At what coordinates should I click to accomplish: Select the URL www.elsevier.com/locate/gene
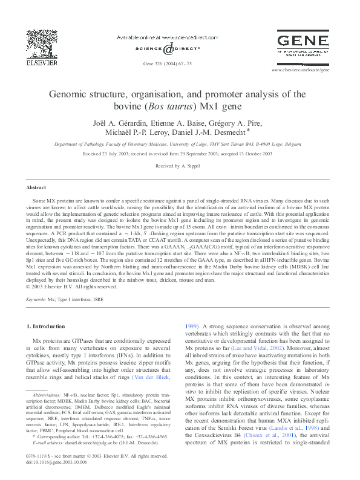click(309, 70)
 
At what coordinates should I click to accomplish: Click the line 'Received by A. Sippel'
click(179, 165)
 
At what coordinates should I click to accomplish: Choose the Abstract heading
click(36, 188)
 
